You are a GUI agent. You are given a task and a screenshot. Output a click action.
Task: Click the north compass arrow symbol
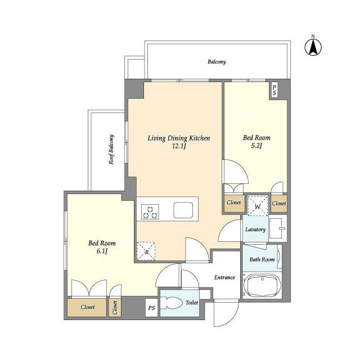313,47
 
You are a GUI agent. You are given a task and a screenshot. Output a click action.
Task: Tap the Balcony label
217,62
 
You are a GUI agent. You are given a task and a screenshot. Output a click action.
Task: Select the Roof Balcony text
111,150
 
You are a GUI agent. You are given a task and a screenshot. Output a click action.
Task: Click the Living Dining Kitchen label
179,138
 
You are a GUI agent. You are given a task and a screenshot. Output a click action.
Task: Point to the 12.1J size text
179,146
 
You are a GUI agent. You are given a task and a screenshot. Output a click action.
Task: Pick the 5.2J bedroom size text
256,146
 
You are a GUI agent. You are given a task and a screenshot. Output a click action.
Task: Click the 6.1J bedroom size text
102,251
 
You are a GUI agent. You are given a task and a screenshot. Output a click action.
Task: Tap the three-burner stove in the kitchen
150,211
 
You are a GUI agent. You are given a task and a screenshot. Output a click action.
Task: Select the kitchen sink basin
183,210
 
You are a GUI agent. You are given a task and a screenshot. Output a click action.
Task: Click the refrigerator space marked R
146,251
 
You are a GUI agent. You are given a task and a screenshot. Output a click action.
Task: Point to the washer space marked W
258,206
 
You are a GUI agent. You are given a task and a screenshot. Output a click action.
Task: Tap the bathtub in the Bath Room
262,285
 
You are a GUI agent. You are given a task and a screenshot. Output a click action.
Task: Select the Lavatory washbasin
277,228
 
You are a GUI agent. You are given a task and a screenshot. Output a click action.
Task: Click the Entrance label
224,277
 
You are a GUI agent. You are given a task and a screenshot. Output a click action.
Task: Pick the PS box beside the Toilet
151,308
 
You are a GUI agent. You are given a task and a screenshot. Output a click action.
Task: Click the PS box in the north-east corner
274,91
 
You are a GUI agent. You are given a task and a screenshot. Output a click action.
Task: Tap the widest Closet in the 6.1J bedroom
87,308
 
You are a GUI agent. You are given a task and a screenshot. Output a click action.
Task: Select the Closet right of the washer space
279,204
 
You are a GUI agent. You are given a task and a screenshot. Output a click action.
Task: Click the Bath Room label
262,260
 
